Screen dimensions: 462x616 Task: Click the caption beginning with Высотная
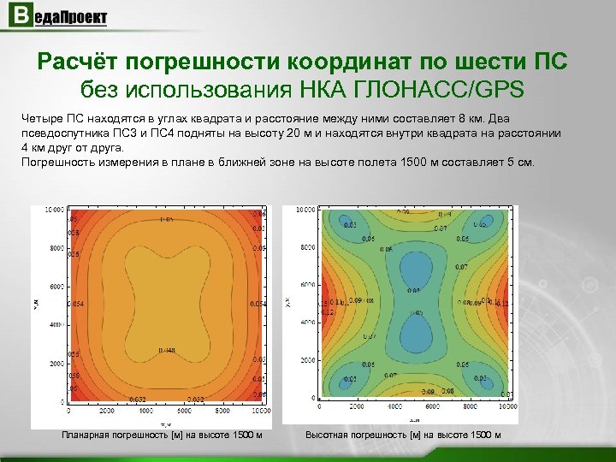[x=403, y=435]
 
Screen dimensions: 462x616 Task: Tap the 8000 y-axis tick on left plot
[x=55, y=248]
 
